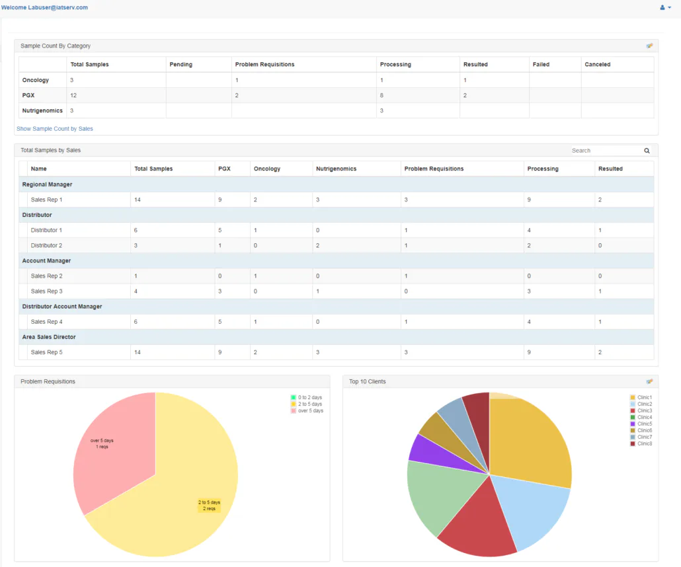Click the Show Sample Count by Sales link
tap(55, 129)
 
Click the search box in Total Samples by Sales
tap(604, 151)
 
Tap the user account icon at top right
tap(664, 7)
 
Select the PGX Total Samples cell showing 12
tap(73, 95)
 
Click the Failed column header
tap(541, 65)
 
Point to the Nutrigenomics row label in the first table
tap(42, 110)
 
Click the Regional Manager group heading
tap(47, 184)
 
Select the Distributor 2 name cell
tap(46, 245)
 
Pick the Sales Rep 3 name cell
tap(46, 291)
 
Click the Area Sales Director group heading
tap(49, 337)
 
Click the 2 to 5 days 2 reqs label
tap(209, 506)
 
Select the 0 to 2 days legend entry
tap(307, 397)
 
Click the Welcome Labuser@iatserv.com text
tap(44, 7)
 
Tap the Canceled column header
tap(597, 65)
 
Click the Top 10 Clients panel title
tap(367, 381)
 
